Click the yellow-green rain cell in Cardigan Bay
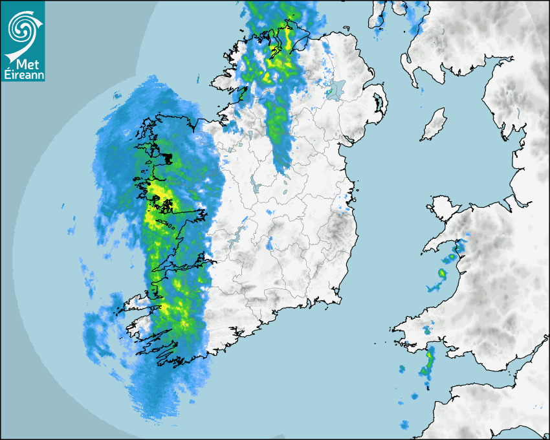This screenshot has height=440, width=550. tap(442, 274)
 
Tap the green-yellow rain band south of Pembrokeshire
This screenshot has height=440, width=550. tap(427, 366)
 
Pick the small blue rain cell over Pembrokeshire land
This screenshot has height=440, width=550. tap(427, 331)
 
